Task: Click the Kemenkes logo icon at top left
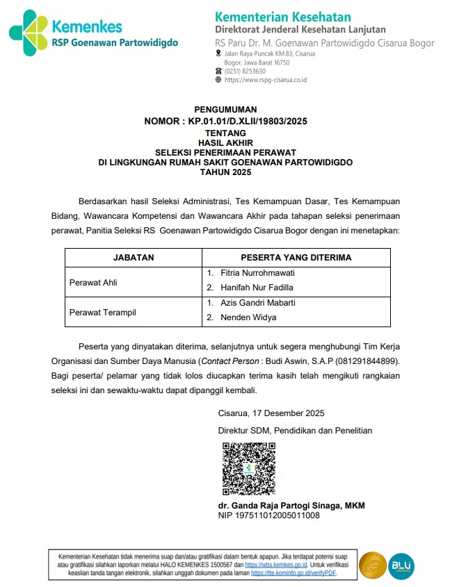(x=28, y=33)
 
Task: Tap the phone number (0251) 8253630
(x=245, y=71)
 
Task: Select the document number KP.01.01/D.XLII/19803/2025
(x=248, y=120)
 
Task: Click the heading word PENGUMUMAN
(x=225, y=109)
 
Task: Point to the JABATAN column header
(x=134, y=257)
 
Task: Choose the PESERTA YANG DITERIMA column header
(x=296, y=257)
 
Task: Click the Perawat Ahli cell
(x=93, y=281)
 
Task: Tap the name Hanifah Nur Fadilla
(x=257, y=288)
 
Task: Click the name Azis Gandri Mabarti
(x=258, y=303)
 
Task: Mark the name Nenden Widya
(x=248, y=317)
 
